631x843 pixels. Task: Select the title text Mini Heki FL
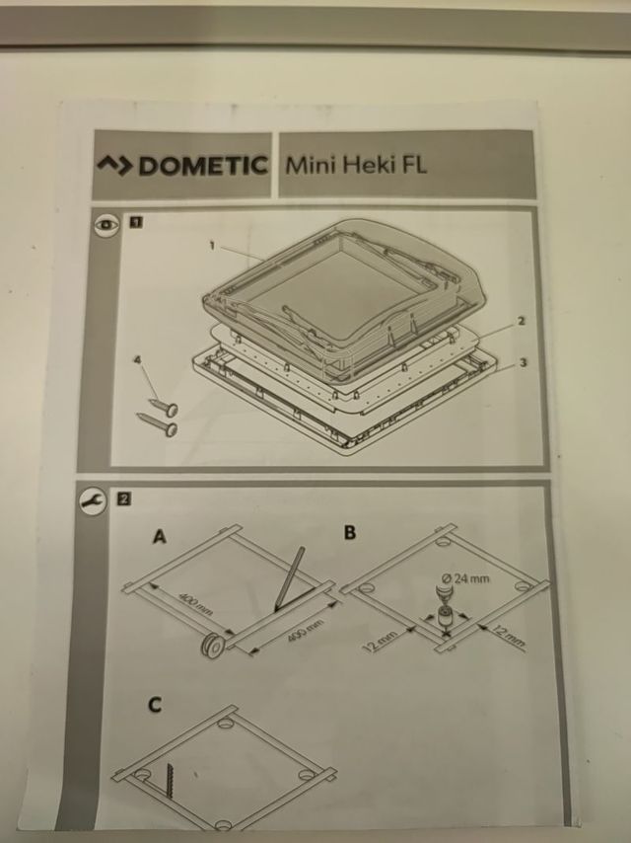[x=356, y=163]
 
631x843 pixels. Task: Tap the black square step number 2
[x=124, y=498]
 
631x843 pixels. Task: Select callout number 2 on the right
[x=520, y=321]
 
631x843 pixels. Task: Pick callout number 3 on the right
[x=522, y=362]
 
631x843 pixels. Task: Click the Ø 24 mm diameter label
[x=467, y=577]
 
